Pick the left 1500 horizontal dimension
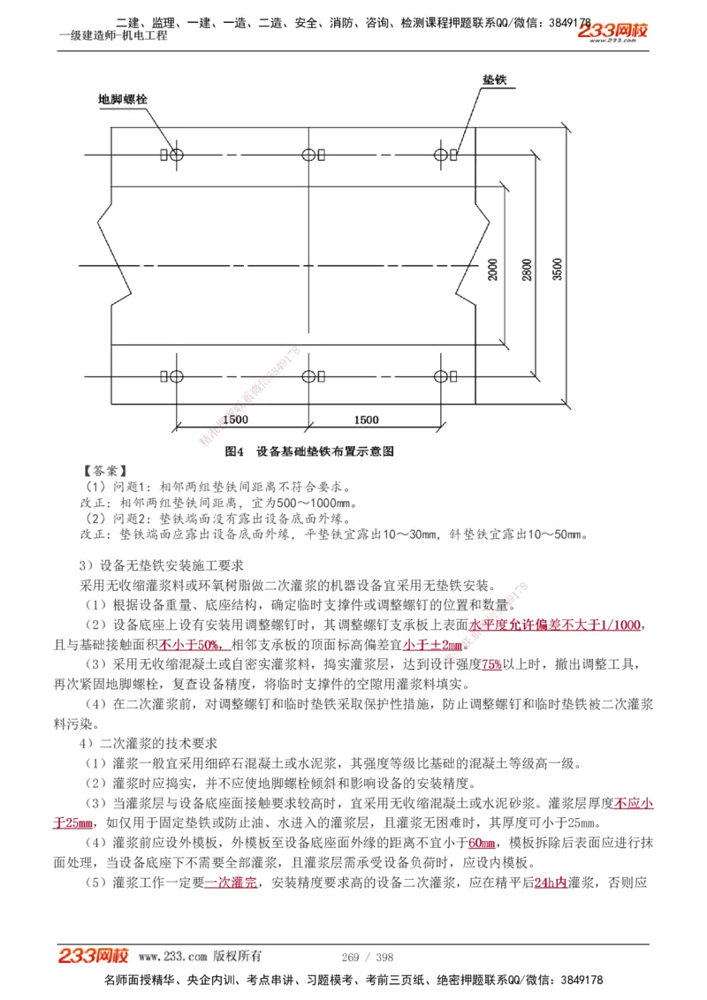(x=235, y=420)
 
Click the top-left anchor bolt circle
(x=177, y=155)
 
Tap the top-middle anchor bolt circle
(x=308, y=155)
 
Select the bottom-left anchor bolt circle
(x=177, y=376)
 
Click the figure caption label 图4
(x=234, y=451)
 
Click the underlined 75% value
(x=492, y=664)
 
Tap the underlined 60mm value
(x=482, y=842)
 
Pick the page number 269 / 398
(x=367, y=957)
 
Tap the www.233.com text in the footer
(x=173, y=957)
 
